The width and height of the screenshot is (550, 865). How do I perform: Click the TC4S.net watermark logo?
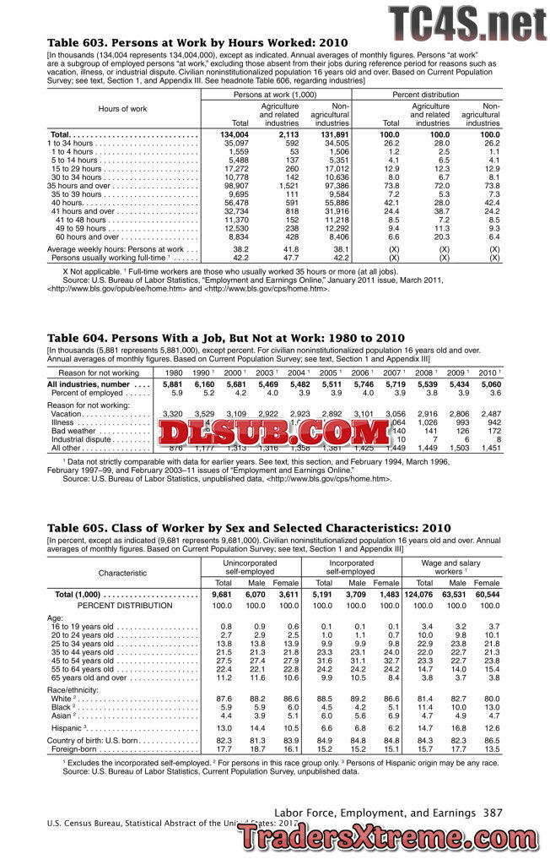click(x=466, y=20)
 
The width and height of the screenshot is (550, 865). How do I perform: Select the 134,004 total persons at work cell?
click(x=235, y=134)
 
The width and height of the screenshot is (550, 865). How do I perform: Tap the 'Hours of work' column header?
click(x=122, y=109)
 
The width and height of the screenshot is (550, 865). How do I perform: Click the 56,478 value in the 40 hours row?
click(x=235, y=204)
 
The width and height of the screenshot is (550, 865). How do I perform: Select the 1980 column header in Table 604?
click(x=174, y=373)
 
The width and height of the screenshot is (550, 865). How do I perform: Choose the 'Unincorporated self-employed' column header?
click(x=250, y=568)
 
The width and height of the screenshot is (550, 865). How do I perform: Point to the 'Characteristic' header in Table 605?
click(x=122, y=573)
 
